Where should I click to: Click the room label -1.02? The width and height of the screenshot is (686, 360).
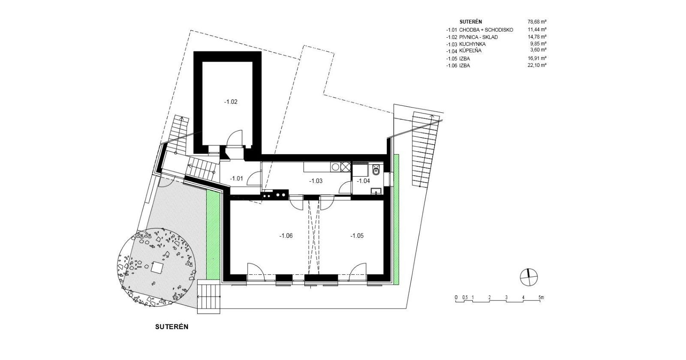point(231,102)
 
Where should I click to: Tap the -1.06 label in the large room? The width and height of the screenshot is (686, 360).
point(286,236)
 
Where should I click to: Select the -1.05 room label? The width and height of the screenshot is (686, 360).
point(357,236)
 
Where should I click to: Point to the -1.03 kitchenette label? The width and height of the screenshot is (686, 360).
point(316,181)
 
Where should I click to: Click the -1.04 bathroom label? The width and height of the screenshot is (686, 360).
point(364,181)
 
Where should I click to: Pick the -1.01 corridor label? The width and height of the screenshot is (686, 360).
point(236,178)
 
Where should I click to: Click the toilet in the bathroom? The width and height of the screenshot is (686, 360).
point(376,169)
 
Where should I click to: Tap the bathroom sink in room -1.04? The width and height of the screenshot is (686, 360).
point(376,191)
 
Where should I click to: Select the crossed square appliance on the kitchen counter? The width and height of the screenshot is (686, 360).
point(346,167)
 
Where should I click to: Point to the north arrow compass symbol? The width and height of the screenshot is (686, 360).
point(529,277)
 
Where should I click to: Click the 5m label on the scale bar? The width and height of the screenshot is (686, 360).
point(541,297)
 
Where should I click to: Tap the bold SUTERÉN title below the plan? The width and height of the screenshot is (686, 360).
point(172,327)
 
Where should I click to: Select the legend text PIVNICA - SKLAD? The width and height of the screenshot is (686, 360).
point(478,37)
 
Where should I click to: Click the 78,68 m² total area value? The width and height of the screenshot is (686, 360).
point(537,22)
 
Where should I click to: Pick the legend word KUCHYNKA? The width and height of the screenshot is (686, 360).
point(472,44)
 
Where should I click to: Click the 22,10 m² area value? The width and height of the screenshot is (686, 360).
point(537,65)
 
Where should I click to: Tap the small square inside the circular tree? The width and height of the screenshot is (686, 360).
point(157,267)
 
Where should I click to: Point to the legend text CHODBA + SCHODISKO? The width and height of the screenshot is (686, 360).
point(486,30)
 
